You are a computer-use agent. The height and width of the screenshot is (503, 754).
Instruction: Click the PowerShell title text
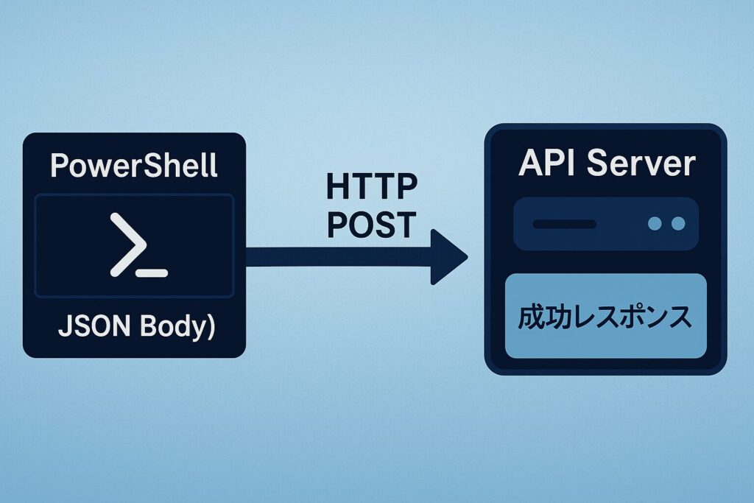133,166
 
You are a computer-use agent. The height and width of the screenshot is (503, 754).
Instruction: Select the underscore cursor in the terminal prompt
152,273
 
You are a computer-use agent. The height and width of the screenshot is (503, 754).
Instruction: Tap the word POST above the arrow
371,225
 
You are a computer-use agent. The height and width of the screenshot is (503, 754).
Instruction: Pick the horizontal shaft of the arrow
339,257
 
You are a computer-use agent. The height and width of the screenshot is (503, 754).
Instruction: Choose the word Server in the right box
642,163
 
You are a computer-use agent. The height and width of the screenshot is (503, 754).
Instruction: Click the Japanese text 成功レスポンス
605,317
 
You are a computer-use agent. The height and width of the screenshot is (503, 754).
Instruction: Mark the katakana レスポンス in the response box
630,317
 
